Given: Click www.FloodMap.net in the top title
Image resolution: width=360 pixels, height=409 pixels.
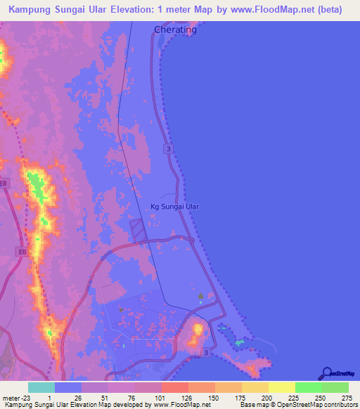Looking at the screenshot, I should (x=261, y=10).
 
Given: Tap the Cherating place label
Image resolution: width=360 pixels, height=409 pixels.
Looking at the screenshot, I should (x=175, y=30).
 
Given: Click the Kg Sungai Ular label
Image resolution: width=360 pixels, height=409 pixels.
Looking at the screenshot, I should (x=175, y=207).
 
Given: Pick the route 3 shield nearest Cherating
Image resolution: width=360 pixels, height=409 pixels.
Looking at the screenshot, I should (x=169, y=148).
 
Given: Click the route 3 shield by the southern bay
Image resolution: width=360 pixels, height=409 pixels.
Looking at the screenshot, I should (x=205, y=351).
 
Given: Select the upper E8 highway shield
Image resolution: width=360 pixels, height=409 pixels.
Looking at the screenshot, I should (x=6, y=184).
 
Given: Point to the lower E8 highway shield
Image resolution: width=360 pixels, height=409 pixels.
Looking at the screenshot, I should (x=23, y=252).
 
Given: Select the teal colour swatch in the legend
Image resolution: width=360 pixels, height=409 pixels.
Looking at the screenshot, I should (x=41, y=387).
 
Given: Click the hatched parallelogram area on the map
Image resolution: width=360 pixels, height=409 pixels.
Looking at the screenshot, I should (x=139, y=228).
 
